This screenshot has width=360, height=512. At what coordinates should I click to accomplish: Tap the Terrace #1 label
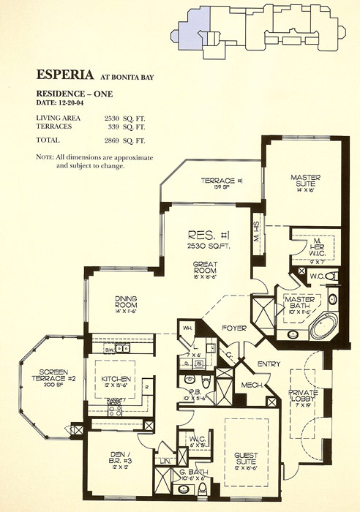pyautogui.click(x=218, y=182)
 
